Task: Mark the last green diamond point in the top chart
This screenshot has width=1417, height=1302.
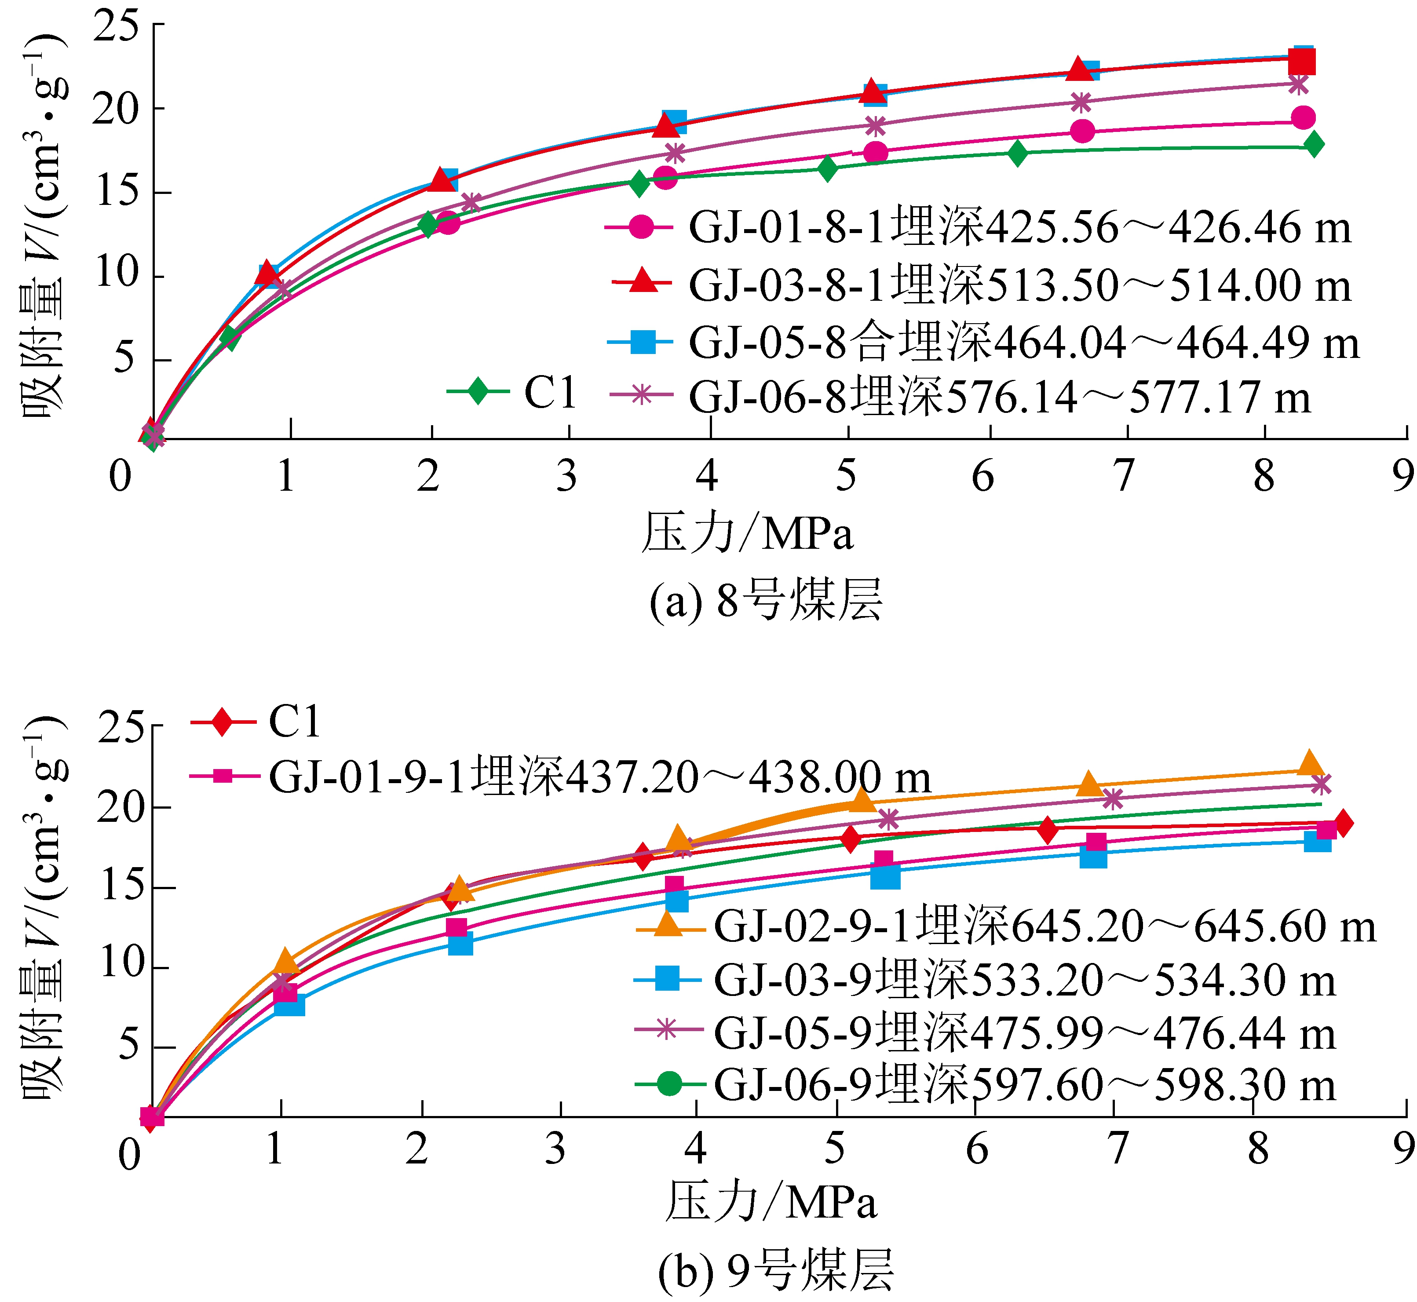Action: click(x=1313, y=144)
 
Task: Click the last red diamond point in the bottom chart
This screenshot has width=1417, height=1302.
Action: click(x=1342, y=823)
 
